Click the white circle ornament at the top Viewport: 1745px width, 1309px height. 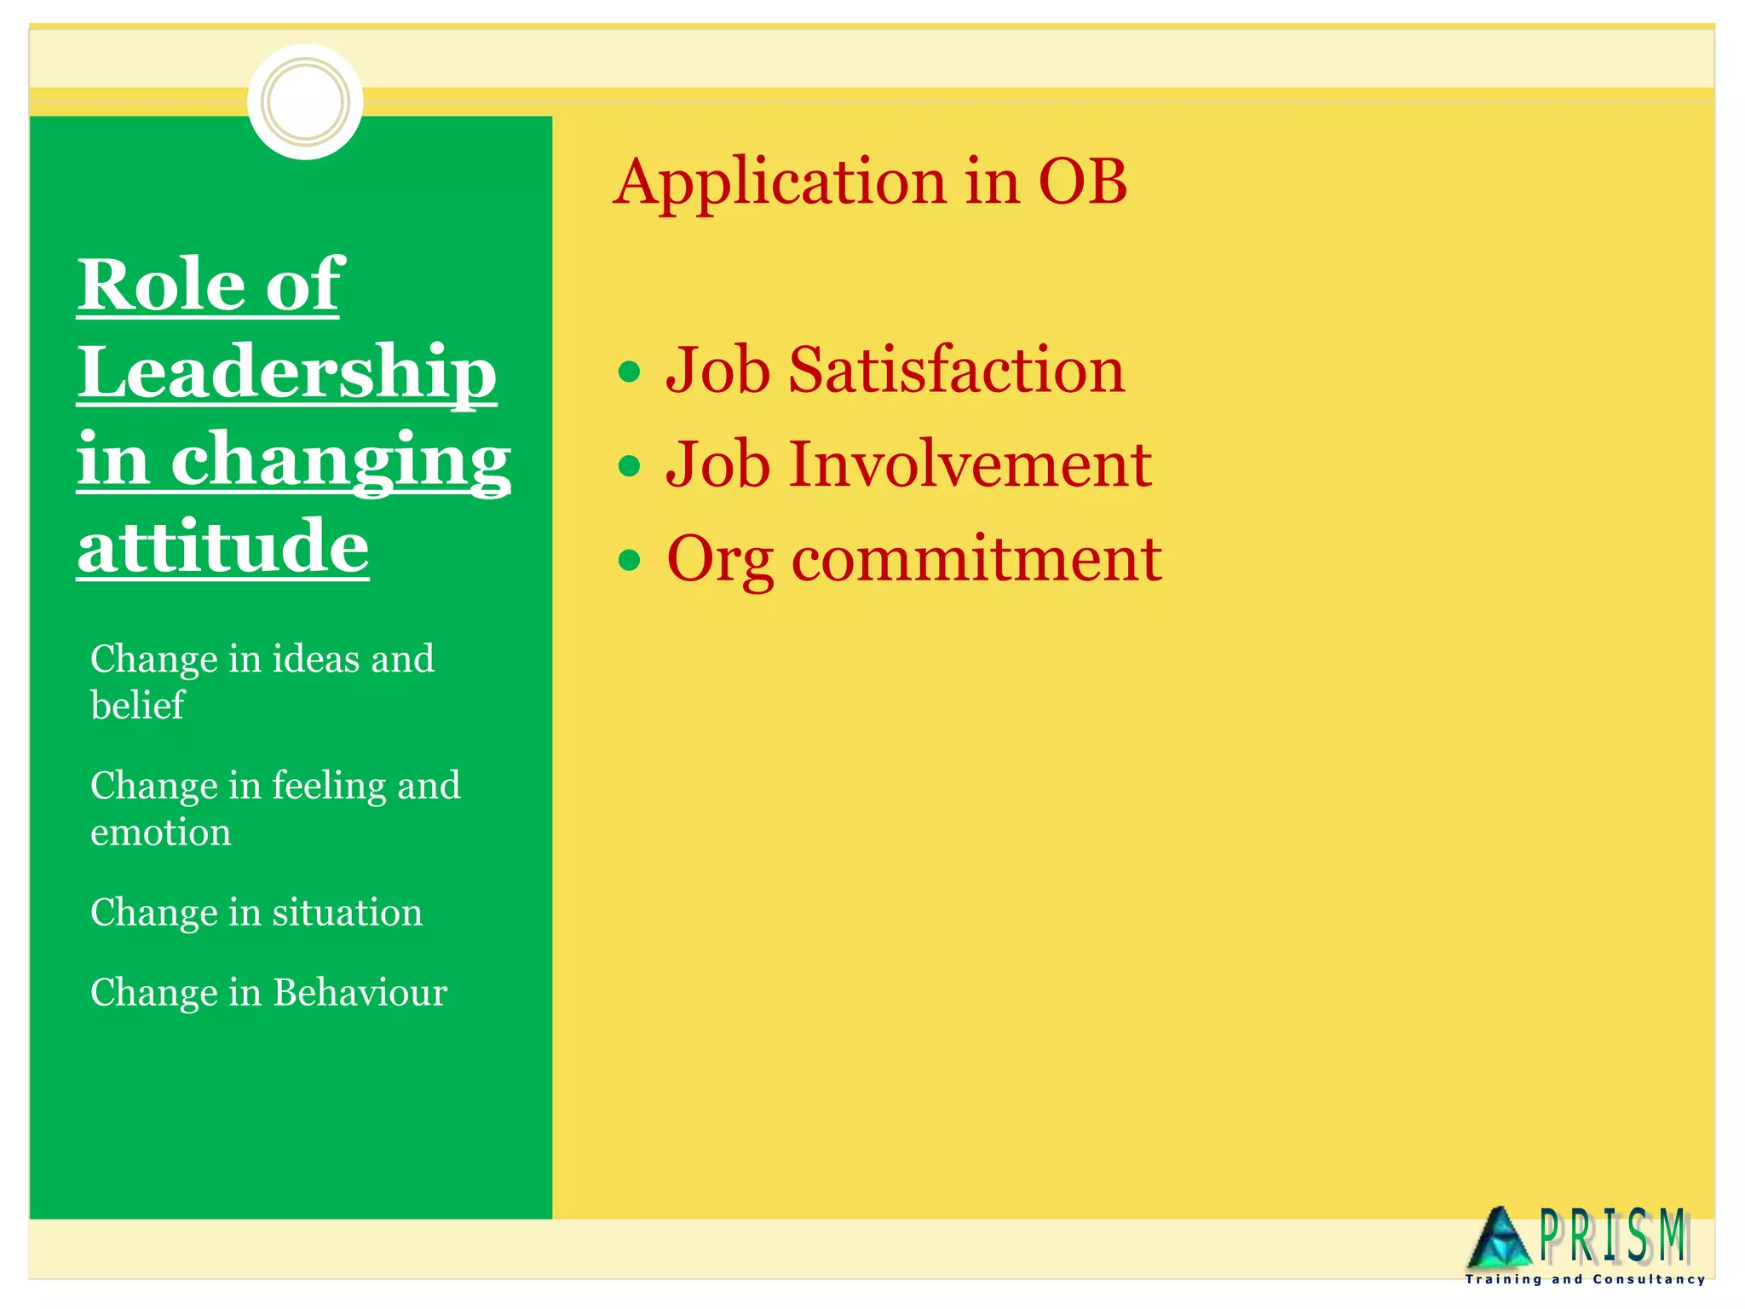pos(305,101)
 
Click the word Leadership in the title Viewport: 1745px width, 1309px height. pos(287,372)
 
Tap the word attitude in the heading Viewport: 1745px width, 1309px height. pos(223,546)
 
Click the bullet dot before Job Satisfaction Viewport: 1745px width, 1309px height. pos(629,372)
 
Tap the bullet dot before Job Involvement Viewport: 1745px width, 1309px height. pos(629,466)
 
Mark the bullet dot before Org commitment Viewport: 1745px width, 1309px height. pos(629,560)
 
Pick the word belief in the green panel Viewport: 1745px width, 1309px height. pos(137,706)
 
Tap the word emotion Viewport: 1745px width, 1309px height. pos(161,833)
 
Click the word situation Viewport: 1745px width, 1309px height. pos(347,913)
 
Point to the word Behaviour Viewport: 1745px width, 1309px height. pos(360,993)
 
